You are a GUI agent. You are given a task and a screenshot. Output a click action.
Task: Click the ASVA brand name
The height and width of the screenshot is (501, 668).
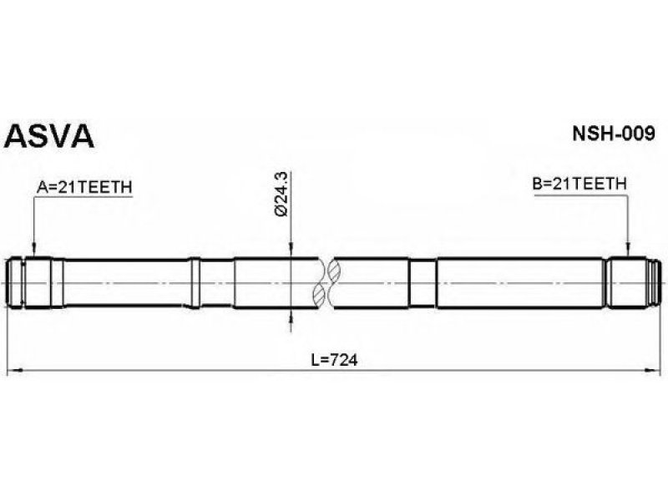tap(48, 136)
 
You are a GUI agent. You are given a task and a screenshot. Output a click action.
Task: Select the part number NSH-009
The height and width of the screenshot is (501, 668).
tap(614, 134)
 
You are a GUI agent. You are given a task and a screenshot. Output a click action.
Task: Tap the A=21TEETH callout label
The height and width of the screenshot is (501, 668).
tap(84, 187)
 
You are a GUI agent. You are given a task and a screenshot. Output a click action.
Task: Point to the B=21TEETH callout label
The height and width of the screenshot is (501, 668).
tap(579, 184)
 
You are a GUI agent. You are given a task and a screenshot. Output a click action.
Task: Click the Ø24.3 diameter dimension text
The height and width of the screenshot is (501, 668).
tap(282, 194)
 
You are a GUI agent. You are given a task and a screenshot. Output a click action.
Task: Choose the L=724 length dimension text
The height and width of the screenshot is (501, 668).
tap(334, 361)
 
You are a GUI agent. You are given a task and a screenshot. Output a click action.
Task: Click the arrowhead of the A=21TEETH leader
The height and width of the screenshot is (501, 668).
tap(34, 250)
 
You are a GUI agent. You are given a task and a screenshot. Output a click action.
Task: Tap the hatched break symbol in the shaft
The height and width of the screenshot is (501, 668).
tap(326, 283)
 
